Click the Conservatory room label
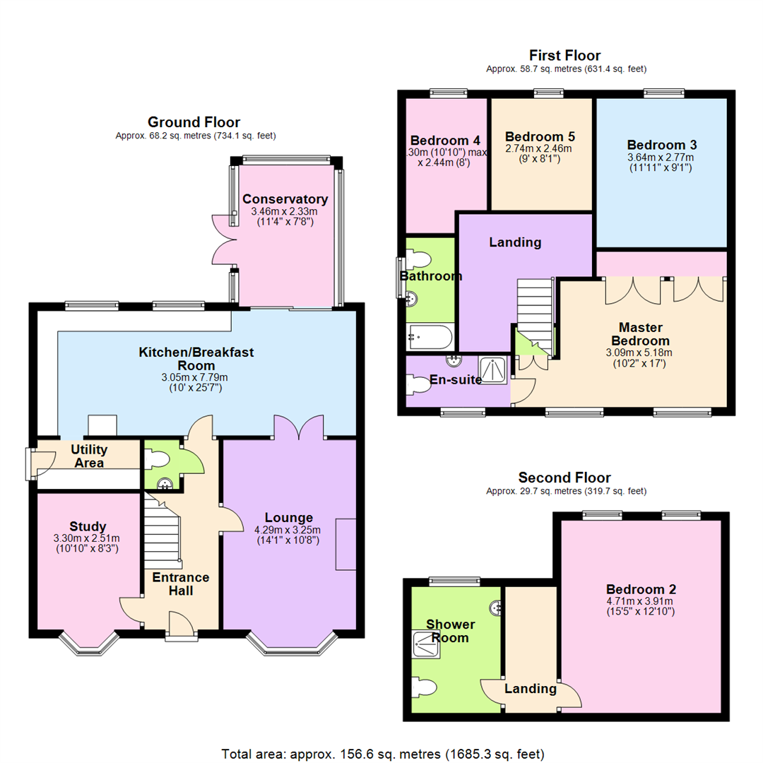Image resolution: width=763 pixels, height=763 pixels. click(x=285, y=199)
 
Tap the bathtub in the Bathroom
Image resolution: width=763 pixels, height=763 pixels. click(x=431, y=337)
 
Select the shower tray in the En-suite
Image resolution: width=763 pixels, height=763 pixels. click(x=493, y=370)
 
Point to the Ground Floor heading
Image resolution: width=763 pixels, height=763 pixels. click(x=194, y=122)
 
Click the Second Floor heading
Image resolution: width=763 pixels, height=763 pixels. click(x=564, y=478)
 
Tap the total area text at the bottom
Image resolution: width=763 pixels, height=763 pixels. click(x=382, y=755)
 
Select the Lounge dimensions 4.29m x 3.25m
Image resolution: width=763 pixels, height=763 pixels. click(x=287, y=530)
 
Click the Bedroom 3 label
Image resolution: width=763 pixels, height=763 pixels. click(x=662, y=145)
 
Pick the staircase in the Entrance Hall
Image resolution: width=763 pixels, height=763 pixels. click(x=162, y=534)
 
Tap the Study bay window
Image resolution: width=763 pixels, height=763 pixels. click(x=89, y=644)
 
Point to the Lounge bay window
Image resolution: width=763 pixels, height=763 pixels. click(x=292, y=644)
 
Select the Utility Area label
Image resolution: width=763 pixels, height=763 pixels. click(x=89, y=456)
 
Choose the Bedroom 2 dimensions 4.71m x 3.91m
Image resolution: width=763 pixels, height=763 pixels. click(x=640, y=601)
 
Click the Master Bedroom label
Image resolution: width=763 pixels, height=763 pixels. click(x=640, y=333)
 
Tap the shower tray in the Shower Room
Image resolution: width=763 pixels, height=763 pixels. click(x=426, y=645)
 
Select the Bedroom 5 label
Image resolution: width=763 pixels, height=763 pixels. click(x=540, y=137)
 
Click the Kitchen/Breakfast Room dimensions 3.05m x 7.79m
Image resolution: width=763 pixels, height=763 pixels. click(x=195, y=377)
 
